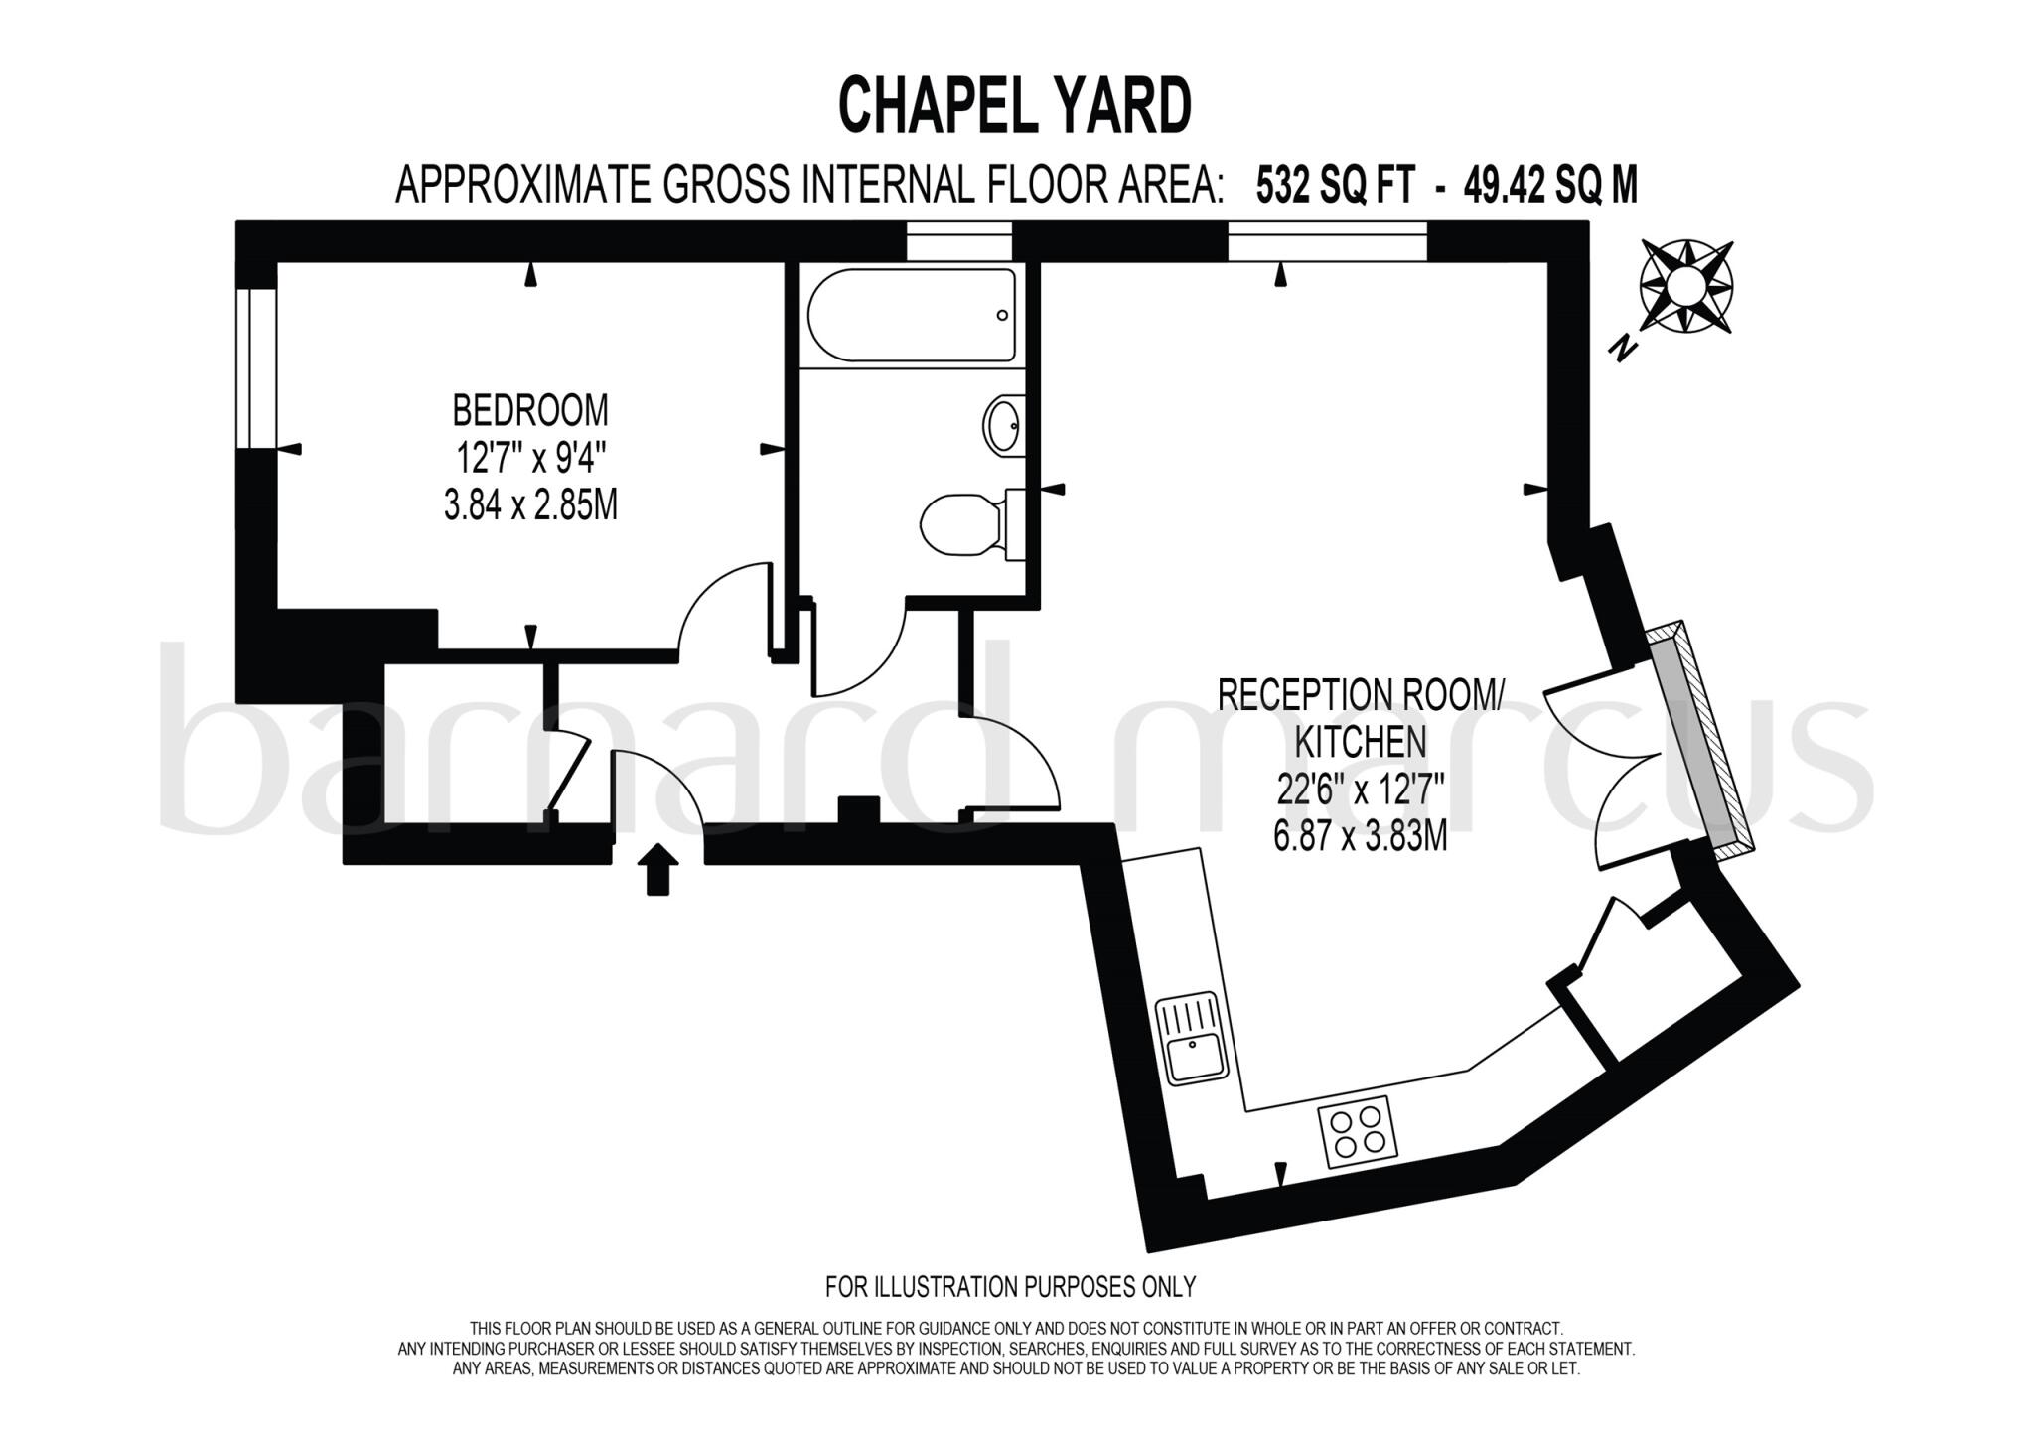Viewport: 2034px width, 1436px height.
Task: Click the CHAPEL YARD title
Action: point(1015,106)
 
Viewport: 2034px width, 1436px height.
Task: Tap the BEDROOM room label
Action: point(530,409)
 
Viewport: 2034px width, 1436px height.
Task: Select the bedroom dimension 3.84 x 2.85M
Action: point(530,506)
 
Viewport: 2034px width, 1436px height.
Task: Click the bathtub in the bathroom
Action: point(911,315)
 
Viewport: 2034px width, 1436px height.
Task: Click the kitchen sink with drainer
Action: point(1193,1042)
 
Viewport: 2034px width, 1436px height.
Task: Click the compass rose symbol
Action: point(1685,287)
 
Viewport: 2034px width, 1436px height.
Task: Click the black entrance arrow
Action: point(656,869)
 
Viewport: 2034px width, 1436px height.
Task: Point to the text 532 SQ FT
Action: point(1334,185)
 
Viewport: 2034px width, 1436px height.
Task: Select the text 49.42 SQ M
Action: point(1549,185)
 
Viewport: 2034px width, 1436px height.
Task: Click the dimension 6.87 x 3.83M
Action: point(1360,838)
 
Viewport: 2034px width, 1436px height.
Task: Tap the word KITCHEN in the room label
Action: point(1359,742)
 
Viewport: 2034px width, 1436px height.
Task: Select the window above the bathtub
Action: point(958,241)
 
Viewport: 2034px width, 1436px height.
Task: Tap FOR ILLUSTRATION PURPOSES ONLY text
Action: point(1010,1287)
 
